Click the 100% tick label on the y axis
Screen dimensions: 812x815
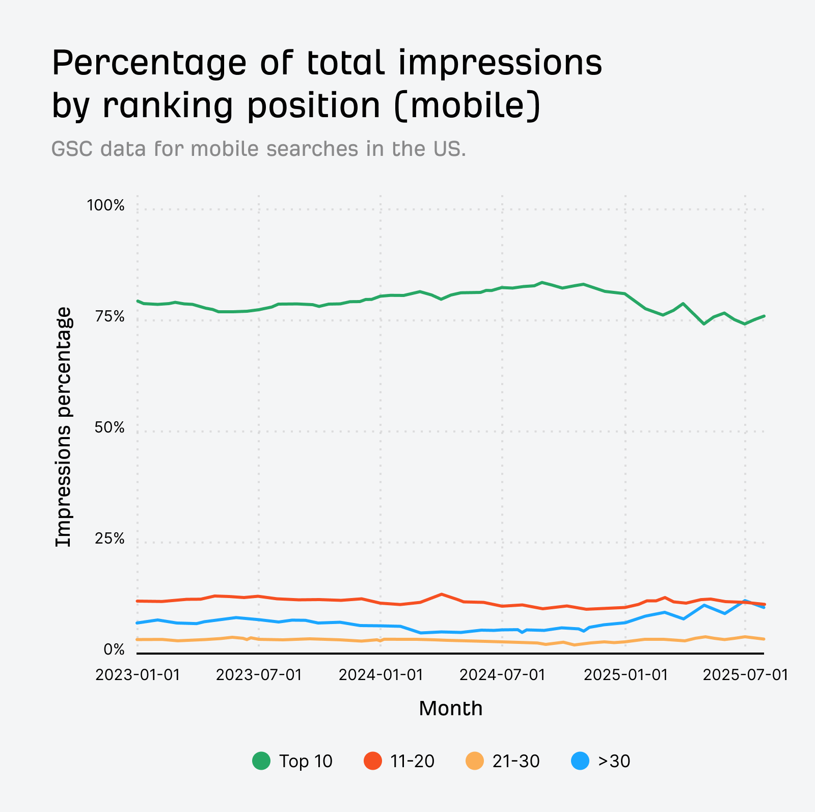click(105, 206)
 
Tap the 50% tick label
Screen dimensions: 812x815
click(110, 428)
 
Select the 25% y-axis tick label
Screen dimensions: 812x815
click(110, 539)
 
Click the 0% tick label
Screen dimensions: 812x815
click(114, 650)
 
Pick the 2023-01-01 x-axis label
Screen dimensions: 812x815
click(138, 675)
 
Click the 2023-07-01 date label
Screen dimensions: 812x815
click(259, 675)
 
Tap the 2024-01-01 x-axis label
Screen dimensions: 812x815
click(381, 675)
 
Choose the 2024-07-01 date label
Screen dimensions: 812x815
click(502, 675)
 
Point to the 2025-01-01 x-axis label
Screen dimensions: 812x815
click(625, 675)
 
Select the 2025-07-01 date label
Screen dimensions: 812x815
click(746, 675)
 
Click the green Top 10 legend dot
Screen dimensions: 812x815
click(261, 761)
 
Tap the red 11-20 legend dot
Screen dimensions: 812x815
click(373, 761)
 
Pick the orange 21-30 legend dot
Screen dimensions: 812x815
click(475, 761)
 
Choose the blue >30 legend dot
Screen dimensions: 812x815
click(581, 761)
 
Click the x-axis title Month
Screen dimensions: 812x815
click(451, 709)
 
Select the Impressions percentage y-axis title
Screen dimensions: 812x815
click(64, 427)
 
